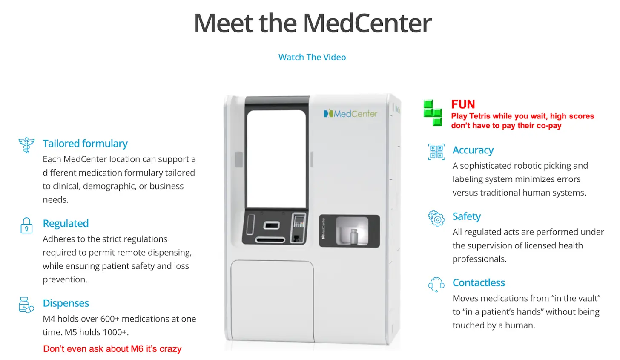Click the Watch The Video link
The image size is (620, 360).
coord(312,57)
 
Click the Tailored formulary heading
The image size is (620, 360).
coord(85,144)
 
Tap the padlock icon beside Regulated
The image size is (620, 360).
coord(26,225)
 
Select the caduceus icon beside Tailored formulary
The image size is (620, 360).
coord(26,145)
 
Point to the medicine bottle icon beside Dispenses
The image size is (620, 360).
coord(26,305)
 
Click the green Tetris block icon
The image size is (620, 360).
coord(433,113)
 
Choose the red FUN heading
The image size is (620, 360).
coord(463,104)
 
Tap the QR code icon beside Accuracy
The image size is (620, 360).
coord(436,152)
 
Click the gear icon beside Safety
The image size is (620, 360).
coord(436,218)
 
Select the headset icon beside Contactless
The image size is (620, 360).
coord(436,284)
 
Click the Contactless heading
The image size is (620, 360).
coord(479,282)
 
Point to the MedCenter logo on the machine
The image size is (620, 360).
coord(350,114)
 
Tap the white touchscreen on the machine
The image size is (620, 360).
coord(276,159)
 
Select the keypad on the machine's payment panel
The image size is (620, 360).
coord(299,221)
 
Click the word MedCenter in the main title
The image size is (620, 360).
coord(367,23)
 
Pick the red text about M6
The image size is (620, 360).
coord(112,349)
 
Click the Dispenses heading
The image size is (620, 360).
coord(66,303)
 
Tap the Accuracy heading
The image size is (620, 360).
coord(473,150)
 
